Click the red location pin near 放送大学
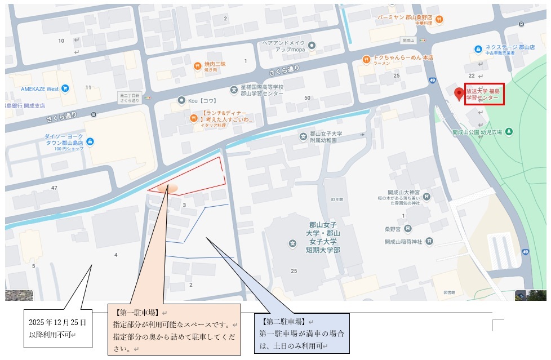pyautogui.click(x=459, y=94)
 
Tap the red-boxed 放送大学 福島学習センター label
pyautogui.click(x=484, y=94)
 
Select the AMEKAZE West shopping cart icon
pyautogui.click(x=65, y=88)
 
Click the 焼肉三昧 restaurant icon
pyautogui.click(x=197, y=65)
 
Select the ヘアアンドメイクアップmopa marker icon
pyautogui.click(x=312, y=45)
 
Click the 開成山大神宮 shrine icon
pyautogui.click(x=427, y=197)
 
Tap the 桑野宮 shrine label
pyautogui.click(x=393, y=229)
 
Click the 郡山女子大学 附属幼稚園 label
pyautogui.click(x=327, y=137)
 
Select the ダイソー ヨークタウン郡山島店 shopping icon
pyautogui.click(x=90, y=141)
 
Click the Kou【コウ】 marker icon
pyautogui.click(x=181, y=100)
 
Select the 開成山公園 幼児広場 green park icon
pyautogui.click(x=509, y=132)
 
